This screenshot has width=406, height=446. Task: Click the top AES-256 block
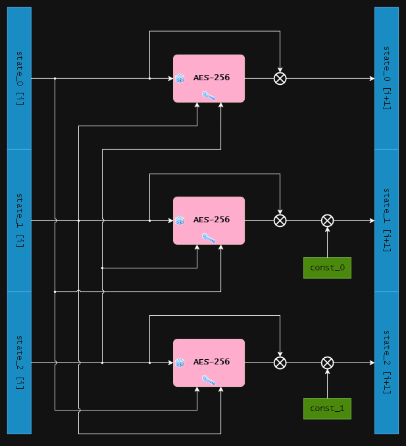click(x=209, y=78)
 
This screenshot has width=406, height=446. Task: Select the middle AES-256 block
click(x=209, y=220)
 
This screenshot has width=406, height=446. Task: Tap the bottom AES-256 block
click(x=209, y=362)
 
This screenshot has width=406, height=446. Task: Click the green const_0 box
click(x=327, y=268)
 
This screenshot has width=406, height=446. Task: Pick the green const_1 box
click(x=327, y=409)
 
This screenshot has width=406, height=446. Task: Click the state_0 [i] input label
click(x=19, y=78)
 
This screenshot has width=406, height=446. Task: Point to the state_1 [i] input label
click(x=19, y=220)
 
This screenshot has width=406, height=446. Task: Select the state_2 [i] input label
click(x=19, y=362)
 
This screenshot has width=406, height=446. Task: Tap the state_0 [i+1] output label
click(x=386, y=78)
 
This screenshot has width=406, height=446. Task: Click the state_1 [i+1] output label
click(x=386, y=220)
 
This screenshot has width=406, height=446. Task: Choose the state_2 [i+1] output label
click(x=386, y=362)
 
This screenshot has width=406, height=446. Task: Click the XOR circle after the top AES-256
click(x=280, y=78)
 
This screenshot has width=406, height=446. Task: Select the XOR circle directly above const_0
click(x=327, y=220)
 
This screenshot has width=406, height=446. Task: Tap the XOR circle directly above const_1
click(x=327, y=362)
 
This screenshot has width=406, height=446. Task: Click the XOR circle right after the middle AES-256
click(x=280, y=220)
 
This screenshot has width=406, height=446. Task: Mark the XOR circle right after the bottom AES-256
click(x=280, y=362)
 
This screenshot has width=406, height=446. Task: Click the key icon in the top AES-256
click(x=209, y=95)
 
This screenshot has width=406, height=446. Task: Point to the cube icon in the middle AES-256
click(x=180, y=221)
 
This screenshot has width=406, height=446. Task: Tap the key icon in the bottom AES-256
click(x=209, y=380)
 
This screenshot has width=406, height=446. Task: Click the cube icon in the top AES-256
click(x=180, y=79)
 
